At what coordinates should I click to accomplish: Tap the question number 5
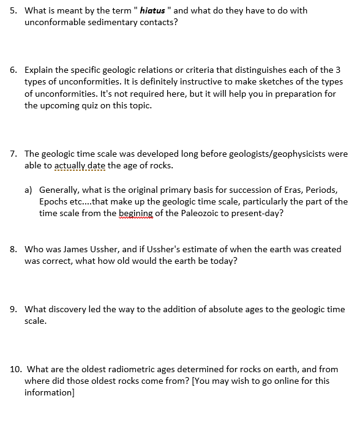tap(14, 11)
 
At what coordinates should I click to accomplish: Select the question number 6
tap(14, 70)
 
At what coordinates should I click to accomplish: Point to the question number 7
tap(14, 154)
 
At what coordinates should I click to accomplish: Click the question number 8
tap(14, 249)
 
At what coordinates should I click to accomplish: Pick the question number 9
tap(14, 309)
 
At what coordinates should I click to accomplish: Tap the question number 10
tap(17, 369)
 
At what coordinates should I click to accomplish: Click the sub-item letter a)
tap(29, 190)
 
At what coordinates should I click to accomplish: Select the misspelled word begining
tap(136, 213)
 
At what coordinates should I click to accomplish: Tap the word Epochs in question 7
tap(54, 201)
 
